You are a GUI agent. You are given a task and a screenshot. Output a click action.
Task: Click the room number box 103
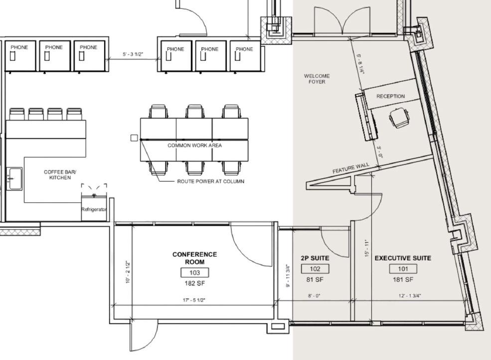pyautogui.click(x=194, y=273)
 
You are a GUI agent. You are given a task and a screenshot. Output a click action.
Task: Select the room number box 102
pyautogui.click(x=315, y=269)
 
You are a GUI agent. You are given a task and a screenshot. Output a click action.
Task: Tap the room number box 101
pyautogui.click(x=403, y=269)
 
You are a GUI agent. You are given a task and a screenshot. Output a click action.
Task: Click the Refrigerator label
pyautogui.click(x=94, y=209)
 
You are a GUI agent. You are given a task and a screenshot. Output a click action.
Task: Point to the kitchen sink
pyautogui.click(x=14, y=179)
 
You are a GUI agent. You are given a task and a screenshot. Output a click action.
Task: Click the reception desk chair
pyautogui.click(x=399, y=118)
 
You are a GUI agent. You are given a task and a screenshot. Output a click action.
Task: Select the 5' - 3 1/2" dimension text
pyautogui.click(x=133, y=54)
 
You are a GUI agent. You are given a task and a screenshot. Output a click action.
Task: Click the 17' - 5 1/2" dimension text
pyautogui.click(x=194, y=300)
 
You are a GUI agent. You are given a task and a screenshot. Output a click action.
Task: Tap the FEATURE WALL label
pyautogui.click(x=351, y=168)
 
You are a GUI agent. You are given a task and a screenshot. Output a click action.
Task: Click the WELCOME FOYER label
pyautogui.click(x=317, y=79)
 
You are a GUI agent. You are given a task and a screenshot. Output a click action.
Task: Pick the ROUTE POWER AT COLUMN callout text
pyautogui.click(x=210, y=181)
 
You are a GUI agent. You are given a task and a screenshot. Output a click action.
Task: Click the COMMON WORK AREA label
pyautogui.click(x=194, y=146)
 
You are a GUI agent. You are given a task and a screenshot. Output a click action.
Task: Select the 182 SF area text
pyautogui.click(x=194, y=284)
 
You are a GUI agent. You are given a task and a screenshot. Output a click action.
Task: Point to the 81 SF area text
pyautogui.click(x=315, y=280)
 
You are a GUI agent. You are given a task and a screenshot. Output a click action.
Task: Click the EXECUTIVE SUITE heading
pyautogui.click(x=403, y=258)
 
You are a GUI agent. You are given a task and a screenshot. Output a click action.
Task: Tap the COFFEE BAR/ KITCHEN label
pyautogui.click(x=60, y=175)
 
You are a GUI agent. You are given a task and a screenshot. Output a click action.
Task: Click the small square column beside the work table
pyautogui.click(x=134, y=138)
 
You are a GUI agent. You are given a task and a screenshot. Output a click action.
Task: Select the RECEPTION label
pyautogui.click(x=390, y=96)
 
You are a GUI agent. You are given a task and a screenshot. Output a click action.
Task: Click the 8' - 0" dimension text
pyautogui.click(x=314, y=296)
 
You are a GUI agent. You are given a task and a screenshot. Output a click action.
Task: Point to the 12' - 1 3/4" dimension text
pyautogui.click(x=410, y=296)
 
